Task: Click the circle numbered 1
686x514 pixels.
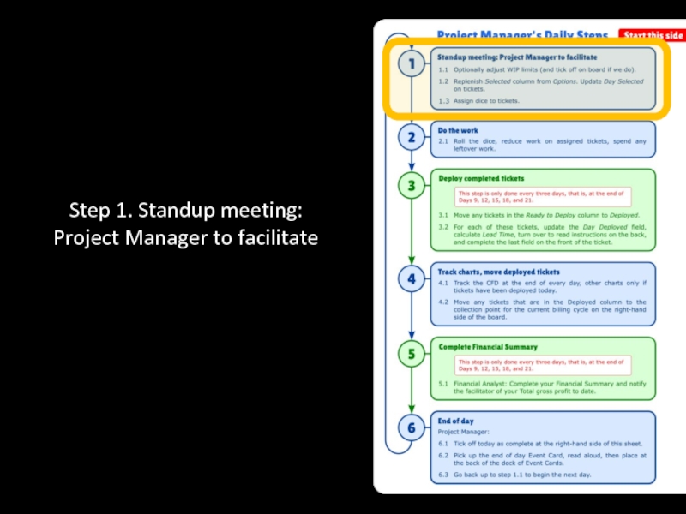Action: tap(412, 64)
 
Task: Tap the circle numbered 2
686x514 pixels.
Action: tap(412, 137)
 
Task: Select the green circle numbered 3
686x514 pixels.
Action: tap(412, 186)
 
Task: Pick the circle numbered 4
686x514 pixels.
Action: tap(412, 278)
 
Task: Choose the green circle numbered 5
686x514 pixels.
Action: tap(412, 353)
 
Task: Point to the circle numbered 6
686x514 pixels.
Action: tap(412, 427)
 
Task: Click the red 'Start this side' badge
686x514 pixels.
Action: tap(653, 35)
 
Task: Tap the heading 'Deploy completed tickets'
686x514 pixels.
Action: tap(481, 178)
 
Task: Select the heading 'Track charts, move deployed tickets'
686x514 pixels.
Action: tap(498, 272)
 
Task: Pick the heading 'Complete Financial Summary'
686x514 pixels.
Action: tap(488, 346)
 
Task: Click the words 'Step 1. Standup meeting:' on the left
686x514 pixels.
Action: tap(185, 210)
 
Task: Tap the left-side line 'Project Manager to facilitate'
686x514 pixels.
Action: tap(185, 237)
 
